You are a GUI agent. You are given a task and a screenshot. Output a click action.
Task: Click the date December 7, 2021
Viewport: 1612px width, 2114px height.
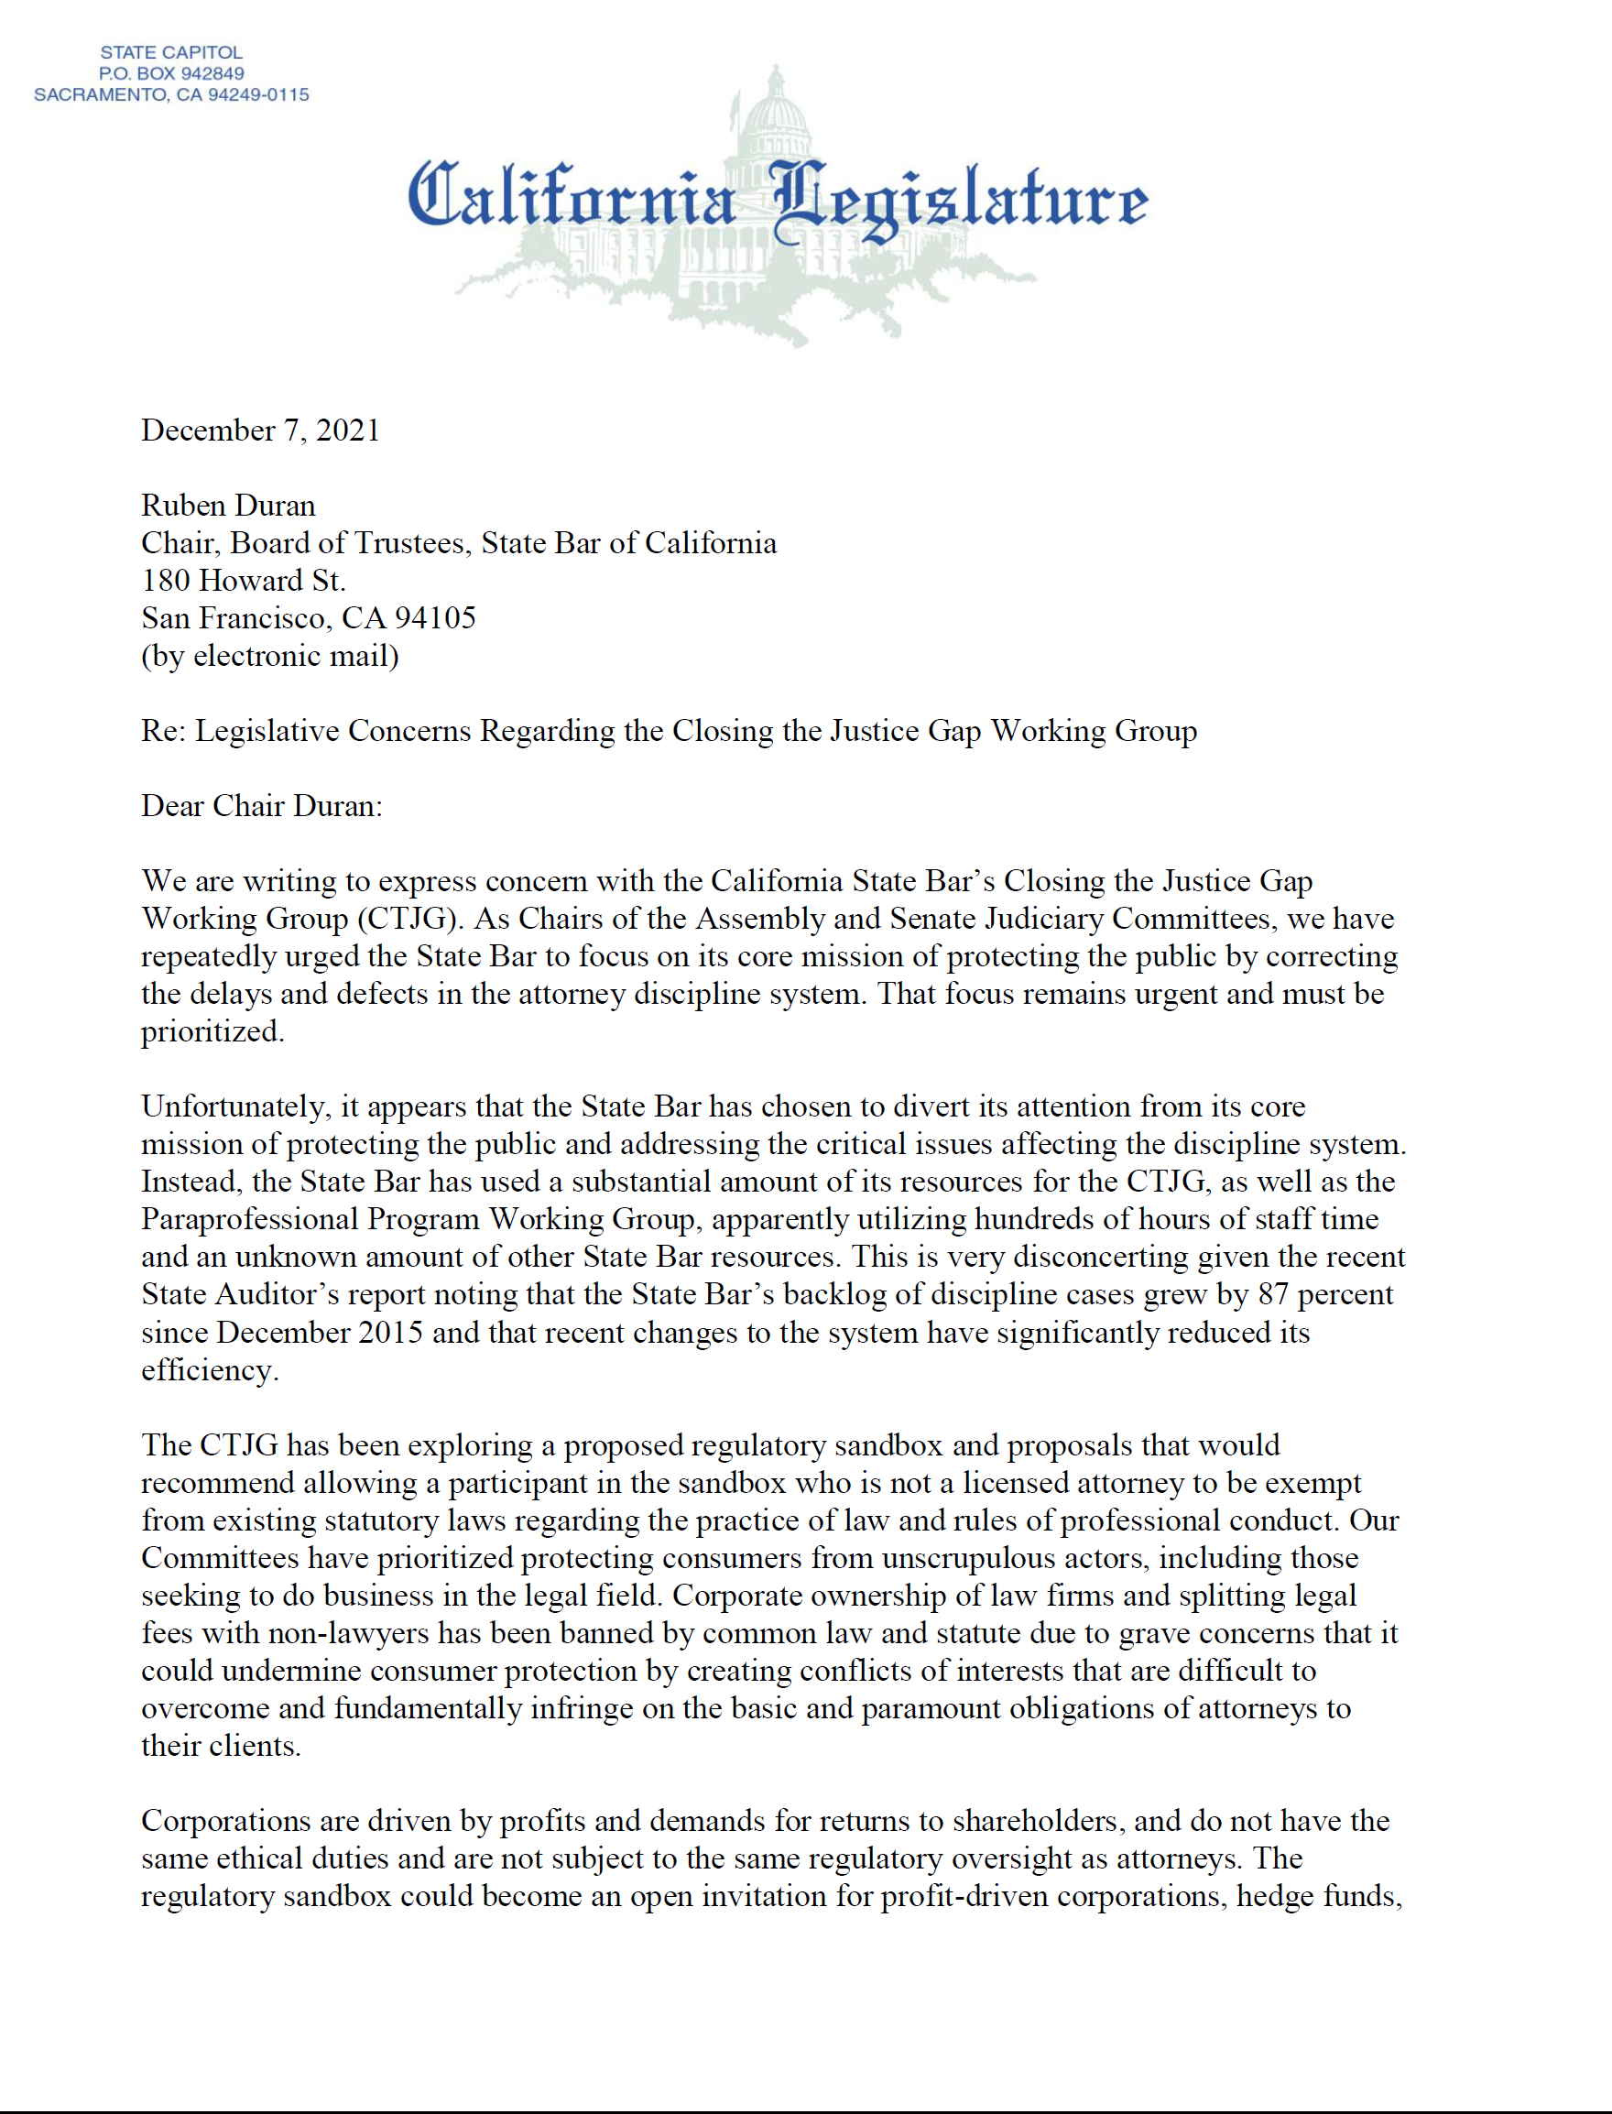260,430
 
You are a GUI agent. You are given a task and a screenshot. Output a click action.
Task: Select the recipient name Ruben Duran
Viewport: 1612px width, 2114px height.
227,506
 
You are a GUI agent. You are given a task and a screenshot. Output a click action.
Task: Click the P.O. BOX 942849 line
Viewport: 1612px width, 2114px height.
172,73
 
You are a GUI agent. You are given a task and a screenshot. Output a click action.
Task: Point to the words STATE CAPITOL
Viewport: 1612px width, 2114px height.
172,52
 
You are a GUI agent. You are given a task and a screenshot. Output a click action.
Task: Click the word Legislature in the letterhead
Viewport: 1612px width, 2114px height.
960,199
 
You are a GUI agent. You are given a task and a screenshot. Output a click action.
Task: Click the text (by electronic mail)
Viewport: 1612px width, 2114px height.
269,657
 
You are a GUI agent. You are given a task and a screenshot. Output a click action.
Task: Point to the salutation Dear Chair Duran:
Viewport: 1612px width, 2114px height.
261,806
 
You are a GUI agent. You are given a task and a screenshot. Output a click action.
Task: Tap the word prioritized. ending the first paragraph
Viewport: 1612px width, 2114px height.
212,1031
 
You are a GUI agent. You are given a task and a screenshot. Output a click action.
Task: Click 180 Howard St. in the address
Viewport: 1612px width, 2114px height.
243,581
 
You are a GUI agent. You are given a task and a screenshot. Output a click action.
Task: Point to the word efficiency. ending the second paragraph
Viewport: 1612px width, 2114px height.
210,1370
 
